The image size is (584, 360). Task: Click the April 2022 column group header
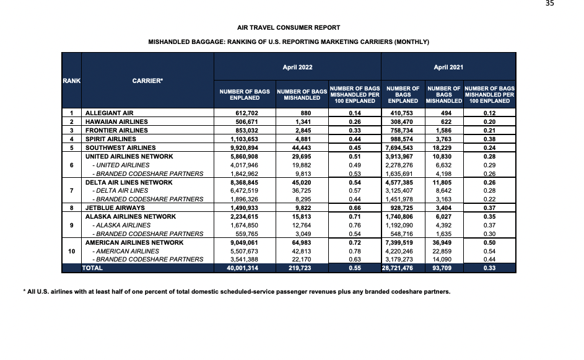pos(297,67)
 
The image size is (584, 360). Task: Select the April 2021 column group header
pos(449,67)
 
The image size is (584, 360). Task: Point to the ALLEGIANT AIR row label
pos(110,113)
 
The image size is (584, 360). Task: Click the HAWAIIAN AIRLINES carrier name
pos(116,122)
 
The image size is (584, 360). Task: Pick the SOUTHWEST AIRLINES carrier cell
pos(120,148)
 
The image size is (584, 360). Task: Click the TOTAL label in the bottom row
pos(93,268)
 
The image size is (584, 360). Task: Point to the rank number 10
pos(72,251)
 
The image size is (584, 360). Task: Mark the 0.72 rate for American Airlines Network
pos(355,242)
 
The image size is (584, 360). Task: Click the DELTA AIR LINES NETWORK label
pos(129,182)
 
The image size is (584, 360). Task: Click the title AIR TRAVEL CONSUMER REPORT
pos(289,27)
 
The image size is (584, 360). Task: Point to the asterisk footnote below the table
pos(235,291)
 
